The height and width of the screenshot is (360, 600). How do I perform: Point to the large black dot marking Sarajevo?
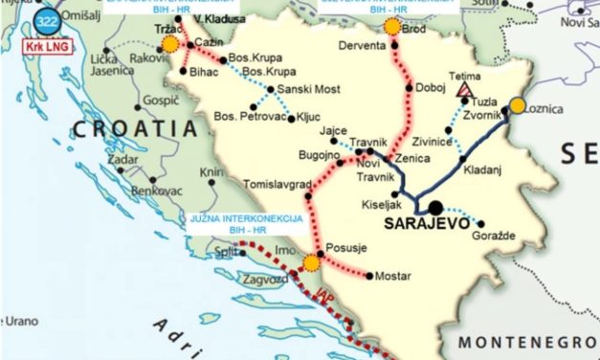(435, 206)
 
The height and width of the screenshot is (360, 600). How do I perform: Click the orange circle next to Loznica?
(518, 106)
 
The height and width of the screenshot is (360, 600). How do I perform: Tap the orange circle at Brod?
(392, 27)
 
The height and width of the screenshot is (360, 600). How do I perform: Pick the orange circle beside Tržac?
(170, 44)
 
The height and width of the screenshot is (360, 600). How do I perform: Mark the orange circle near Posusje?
(311, 262)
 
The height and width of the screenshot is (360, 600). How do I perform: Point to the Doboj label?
(431, 86)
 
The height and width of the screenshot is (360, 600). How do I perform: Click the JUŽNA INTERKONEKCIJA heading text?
(247, 219)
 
